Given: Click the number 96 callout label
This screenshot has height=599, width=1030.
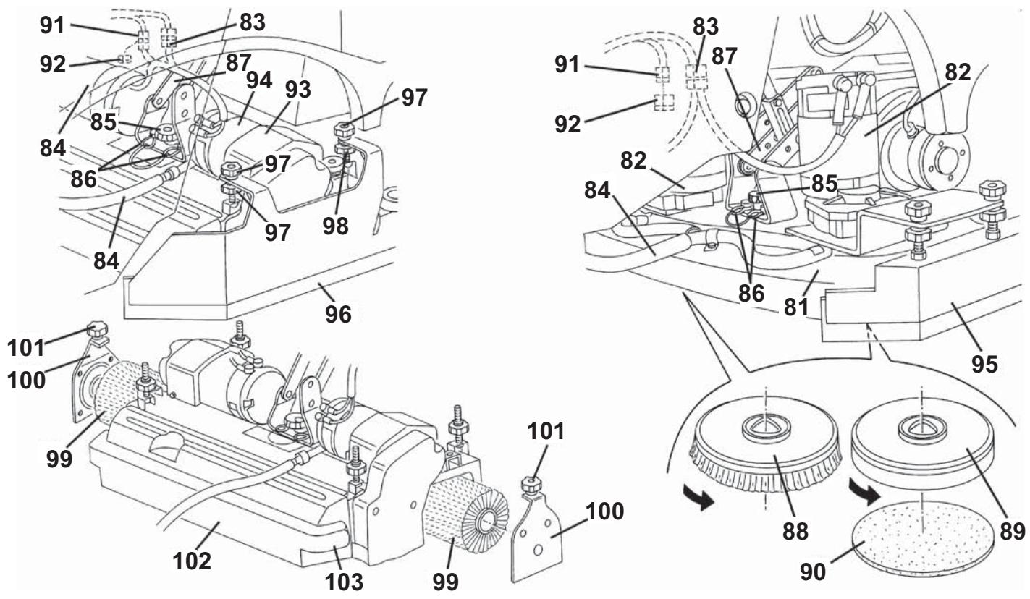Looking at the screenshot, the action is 338,315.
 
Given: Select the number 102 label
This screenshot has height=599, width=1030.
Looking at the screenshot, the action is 192,561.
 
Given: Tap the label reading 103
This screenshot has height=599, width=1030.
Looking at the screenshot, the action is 344,582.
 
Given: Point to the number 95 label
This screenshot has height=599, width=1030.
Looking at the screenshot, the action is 984,365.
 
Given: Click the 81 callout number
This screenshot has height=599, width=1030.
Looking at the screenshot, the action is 796,307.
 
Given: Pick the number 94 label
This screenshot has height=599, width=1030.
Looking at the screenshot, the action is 259,80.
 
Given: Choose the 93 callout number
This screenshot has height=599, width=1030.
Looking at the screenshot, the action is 297,90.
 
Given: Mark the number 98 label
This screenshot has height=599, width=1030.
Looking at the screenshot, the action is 335,226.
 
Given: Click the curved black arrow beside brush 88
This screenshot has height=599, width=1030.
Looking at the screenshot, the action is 698,497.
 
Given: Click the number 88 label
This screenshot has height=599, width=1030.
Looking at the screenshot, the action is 795,532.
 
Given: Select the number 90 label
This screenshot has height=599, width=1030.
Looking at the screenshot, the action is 813,573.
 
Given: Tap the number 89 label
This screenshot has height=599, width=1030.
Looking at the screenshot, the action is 1012,532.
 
